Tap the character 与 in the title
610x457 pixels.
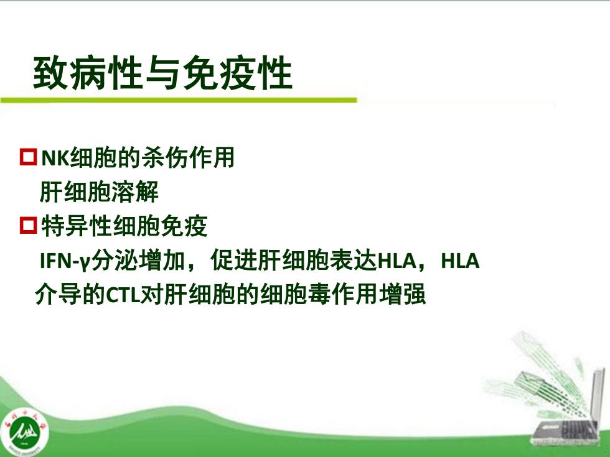pos(162,73)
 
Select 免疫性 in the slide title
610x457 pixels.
pos(238,73)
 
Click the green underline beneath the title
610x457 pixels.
pos(179,100)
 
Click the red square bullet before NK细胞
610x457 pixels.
pos(29,157)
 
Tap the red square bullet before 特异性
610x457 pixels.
pos(29,225)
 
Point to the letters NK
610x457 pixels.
pos(55,158)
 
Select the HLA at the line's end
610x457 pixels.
pos(460,261)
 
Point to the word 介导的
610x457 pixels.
pos(70,294)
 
